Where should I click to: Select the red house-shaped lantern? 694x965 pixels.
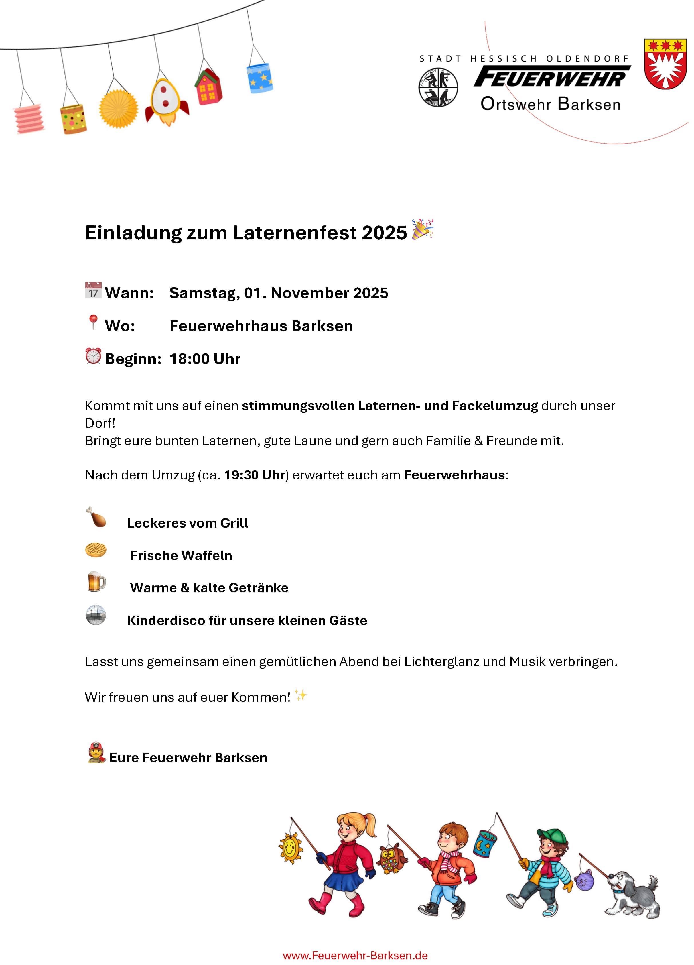(x=208, y=87)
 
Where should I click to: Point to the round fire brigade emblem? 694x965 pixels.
(x=438, y=87)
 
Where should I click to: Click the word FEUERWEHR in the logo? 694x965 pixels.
(x=551, y=77)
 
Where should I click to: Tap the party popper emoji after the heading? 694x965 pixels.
(x=422, y=229)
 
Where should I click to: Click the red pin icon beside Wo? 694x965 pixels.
(x=93, y=322)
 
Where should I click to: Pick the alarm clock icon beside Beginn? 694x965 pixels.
(x=93, y=356)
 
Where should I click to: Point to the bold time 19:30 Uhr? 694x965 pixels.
(x=254, y=475)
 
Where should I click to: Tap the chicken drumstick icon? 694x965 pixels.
(x=96, y=517)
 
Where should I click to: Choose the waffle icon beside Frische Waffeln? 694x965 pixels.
(x=96, y=550)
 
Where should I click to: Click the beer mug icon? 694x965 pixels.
(x=96, y=582)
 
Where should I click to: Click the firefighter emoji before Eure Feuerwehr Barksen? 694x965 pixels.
(x=96, y=753)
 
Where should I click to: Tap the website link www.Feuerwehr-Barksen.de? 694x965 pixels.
(x=355, y=955)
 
